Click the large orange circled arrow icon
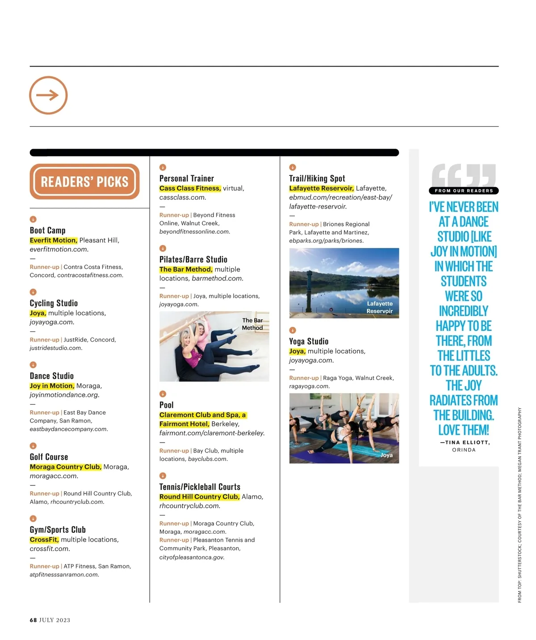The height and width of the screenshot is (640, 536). tap(48, 95)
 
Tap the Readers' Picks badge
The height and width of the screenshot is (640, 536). tap(84, 181)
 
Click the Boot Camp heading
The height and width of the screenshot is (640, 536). tap(48, 230)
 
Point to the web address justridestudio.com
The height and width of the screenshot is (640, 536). tap(56, 348)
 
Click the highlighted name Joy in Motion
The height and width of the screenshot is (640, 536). tap(52, 386)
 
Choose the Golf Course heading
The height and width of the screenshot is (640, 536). tap(49, 457)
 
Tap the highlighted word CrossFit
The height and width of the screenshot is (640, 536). tap(44, 540)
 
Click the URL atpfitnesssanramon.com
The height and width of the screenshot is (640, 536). tap(64, 575)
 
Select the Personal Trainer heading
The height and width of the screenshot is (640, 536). tap(187, 179)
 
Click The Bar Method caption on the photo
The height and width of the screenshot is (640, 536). tap(252, 324)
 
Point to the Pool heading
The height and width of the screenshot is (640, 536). tap(167, 405)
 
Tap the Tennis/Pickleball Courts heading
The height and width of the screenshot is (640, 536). tap(200, 487)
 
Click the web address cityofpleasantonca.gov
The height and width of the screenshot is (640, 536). tap(192, 557)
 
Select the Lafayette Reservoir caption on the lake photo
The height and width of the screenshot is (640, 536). tap(380, 307)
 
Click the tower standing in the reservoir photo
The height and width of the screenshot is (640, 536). tap(310, 281)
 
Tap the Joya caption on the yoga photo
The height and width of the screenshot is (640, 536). tap(386, 455)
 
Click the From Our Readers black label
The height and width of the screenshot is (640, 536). tap(464, 191)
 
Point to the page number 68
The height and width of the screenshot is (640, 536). tap(33, 620)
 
